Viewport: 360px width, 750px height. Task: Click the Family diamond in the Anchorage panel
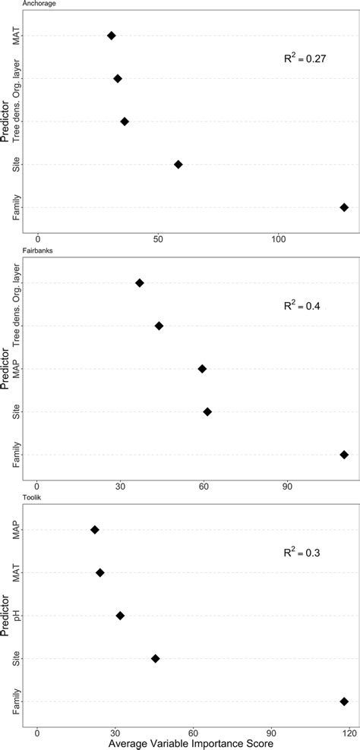[x=344, y=207]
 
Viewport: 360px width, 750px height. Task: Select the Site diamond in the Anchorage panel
[x=178, y=164]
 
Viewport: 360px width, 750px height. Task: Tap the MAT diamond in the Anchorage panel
[x=112, y=36]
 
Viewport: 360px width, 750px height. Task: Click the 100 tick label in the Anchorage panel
[x=279, y=238]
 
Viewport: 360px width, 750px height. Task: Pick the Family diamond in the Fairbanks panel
[x=344, y=455]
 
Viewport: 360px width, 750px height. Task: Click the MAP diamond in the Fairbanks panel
[x=202, y=369]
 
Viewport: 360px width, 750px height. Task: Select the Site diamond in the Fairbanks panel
[x=207, y=411]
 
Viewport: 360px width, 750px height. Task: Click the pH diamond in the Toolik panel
[x=119, y=616]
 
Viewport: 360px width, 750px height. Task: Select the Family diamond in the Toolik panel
[x=344, y=701]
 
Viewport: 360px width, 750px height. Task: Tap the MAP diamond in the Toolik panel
[x=95, y=530]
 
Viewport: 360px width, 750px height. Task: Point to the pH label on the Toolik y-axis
[x=17, y=616]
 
